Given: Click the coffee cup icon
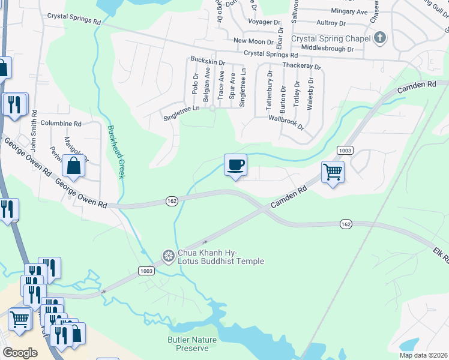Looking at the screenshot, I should point(235,164).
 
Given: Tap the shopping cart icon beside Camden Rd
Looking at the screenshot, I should point(333,172).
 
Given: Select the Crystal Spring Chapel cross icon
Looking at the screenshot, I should point(379,38).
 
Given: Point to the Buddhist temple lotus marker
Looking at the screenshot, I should point(168,256).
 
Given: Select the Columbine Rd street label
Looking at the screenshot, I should point(61,123).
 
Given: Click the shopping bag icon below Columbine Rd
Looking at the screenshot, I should point(73,166).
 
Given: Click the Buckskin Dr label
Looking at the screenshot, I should point(207,62).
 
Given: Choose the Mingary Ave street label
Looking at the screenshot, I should point(349,11).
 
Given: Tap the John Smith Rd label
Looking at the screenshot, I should point(34,130).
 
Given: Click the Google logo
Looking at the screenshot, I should point(20,353).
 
